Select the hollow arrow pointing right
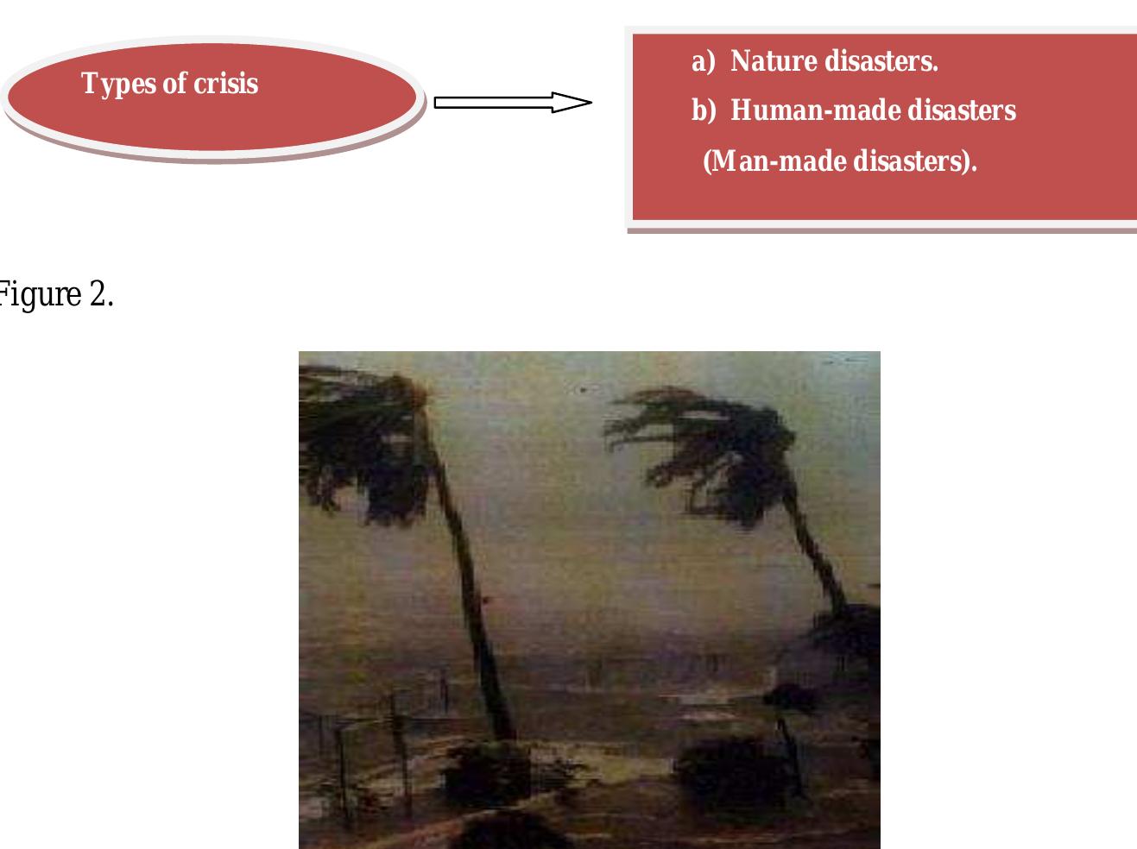tap(513, 103)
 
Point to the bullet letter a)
tap(704, 61)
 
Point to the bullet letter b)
tap(704, 111)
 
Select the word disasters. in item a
tap(881, 61)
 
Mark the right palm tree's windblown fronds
tap(691, 440)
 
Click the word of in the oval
tap(174, 84)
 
